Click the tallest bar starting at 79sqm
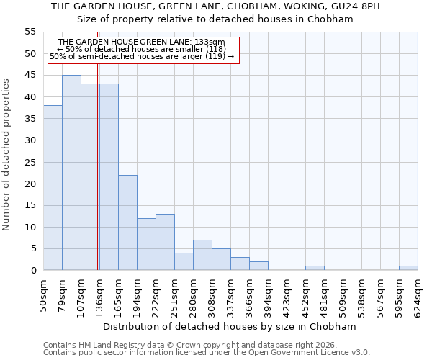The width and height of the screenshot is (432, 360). [71, 173]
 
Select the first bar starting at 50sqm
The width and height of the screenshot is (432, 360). [53, 188]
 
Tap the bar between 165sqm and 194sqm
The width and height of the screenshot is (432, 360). [127, 222]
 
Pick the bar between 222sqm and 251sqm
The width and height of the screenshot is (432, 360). [165, 242]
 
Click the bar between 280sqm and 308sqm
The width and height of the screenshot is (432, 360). [202, 255]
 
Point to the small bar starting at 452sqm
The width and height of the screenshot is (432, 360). [315, 268]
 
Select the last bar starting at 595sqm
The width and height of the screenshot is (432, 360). [408, 268]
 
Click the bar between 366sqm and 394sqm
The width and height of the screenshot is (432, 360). [258, 266]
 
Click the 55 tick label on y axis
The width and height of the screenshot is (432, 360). [30, 32]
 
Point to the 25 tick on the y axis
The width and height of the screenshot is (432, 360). [30, 162]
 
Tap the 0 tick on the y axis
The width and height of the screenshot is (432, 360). [33, 271]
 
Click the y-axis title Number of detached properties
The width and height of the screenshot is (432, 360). [7, 155]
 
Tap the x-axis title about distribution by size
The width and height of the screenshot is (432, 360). [230, 326]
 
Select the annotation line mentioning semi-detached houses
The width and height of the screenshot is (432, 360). [142, 56]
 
